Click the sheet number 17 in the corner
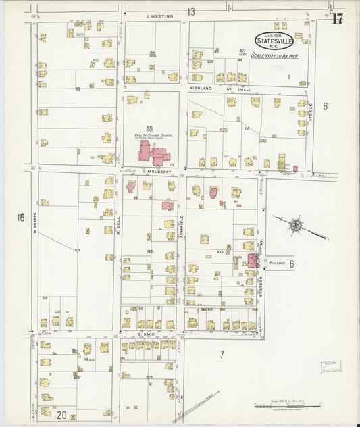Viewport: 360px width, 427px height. pos(336,18)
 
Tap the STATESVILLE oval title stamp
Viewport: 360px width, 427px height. pos(274,41)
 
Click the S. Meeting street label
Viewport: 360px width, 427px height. pos(159,16)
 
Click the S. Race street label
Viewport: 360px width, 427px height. pos(147,334)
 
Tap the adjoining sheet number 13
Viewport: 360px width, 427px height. pos(191,11)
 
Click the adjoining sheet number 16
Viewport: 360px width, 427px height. pos(21,218)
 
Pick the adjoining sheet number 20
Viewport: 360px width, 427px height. pos(61,414)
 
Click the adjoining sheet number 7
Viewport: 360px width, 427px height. pos(221,353)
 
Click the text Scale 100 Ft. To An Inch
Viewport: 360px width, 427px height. pos(275,55)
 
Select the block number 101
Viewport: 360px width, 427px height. pos(77,250)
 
